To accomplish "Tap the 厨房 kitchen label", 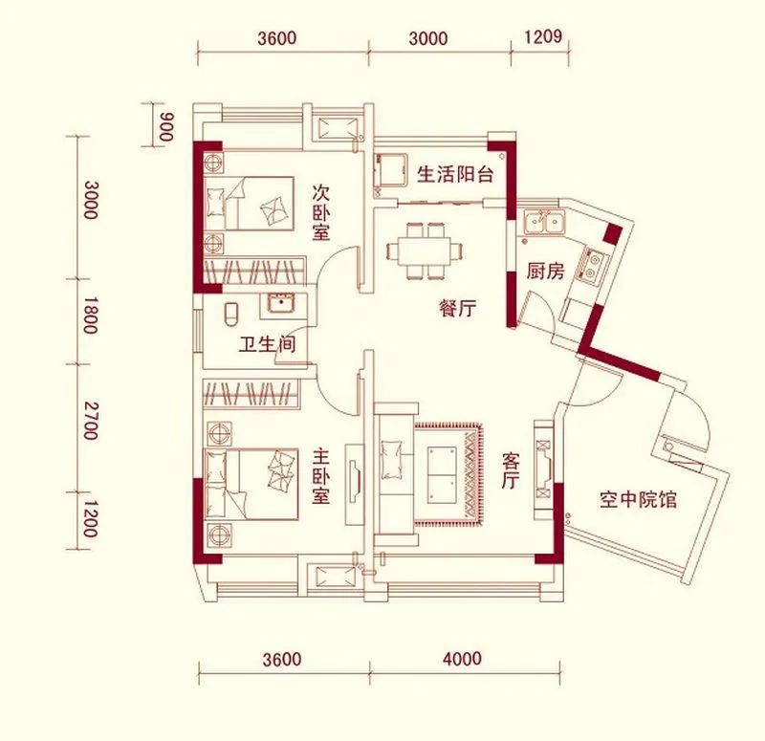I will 544,271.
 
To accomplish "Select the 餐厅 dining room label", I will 458,309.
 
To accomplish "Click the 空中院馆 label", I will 638,498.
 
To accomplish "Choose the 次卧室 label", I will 321,211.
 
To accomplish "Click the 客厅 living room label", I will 510,469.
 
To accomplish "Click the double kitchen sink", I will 543,223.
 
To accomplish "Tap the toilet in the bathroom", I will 229,312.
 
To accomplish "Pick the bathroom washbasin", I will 281,305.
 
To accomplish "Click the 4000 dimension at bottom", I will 463,659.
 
